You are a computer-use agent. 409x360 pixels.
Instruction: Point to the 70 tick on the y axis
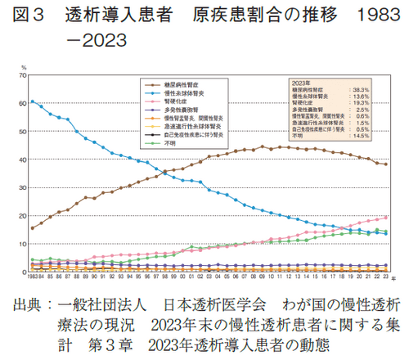click(23, 75)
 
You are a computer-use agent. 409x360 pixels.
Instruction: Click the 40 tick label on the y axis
click(23, 160)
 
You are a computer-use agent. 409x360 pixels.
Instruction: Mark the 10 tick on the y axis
click(23, 244)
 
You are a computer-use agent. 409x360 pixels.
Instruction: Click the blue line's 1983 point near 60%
click(32, 101)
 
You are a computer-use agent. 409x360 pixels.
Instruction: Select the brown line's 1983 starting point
click(32, 228)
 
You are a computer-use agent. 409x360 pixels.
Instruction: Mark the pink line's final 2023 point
click(386, 218)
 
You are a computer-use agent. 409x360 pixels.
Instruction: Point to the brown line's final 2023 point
click(386, 164)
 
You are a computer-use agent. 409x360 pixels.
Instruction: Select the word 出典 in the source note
click(31, 305)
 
